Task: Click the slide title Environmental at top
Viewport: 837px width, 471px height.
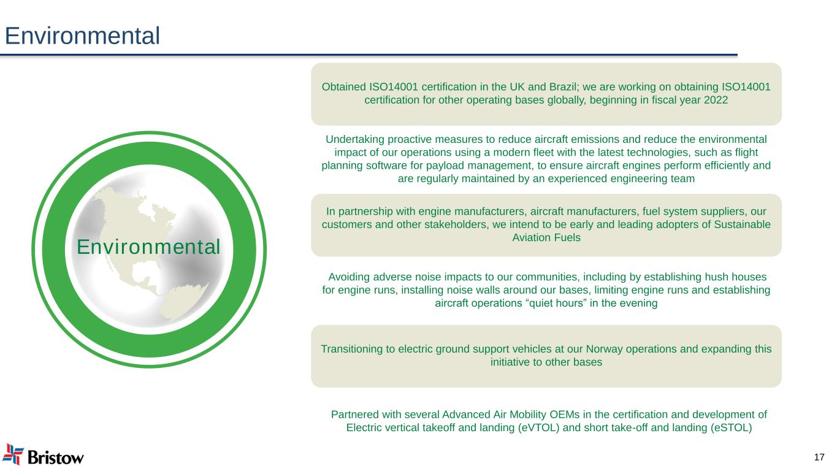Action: (x=82, y=36)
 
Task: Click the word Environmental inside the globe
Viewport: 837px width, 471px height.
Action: (x=149, y=247)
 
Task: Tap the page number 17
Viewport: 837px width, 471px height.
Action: (x=819, y=457)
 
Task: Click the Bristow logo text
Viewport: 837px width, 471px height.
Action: (x=56, y=458)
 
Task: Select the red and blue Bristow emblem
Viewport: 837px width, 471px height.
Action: (x=13, y=454)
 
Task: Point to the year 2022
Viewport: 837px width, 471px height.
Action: (x=716, y=100)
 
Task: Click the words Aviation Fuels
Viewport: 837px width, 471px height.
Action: (x=546, y=238)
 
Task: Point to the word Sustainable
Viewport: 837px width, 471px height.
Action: (x=742, y=224)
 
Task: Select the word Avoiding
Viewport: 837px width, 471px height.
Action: (x=349, y=277)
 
